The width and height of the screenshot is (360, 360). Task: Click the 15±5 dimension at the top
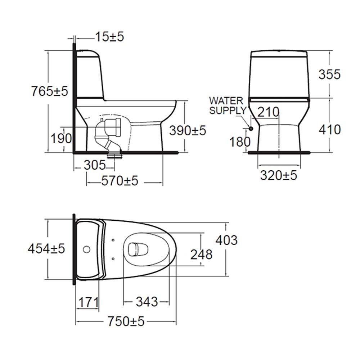point(109,37)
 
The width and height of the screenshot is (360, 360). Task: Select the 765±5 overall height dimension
point(50,91)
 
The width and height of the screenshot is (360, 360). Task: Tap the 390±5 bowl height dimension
point(188,131)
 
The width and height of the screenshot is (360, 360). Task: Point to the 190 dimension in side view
point(61,139)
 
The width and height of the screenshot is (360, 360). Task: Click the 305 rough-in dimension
point(95,165)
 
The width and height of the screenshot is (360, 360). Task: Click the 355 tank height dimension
point(329,75)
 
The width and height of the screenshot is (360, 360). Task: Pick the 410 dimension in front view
point(329,130)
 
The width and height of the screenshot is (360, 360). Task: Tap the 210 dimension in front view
point(268,112)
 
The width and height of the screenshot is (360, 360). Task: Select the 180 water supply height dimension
point(240,141)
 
